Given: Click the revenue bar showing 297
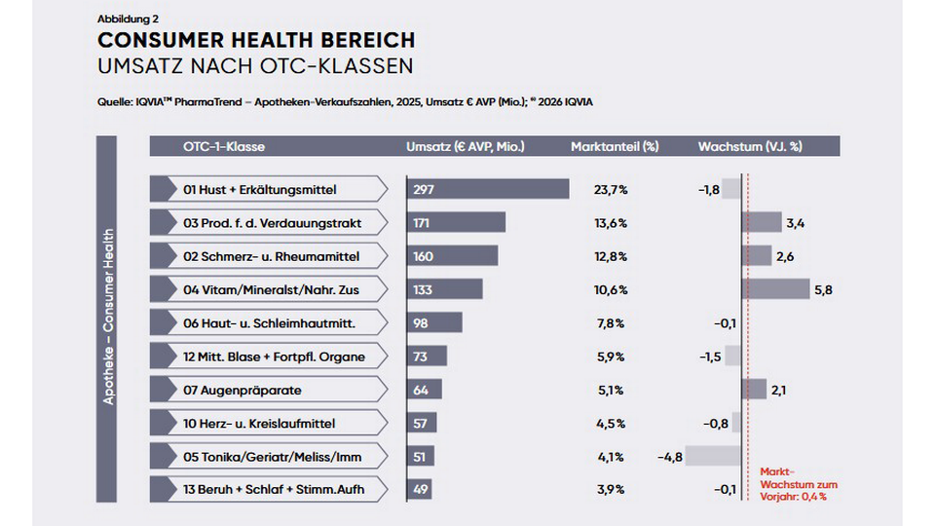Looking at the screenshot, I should (487, 189).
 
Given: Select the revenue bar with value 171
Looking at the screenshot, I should (456, 223).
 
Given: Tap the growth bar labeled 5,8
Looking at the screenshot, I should (775, 289).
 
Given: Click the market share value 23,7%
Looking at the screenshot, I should (611, 190).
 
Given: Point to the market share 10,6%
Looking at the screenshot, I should (611, 290).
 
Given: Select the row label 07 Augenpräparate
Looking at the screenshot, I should (243, 390).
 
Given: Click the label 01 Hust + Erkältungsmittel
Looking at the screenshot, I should (260, 190).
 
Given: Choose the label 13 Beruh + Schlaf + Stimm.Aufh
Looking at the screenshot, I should (274, 489).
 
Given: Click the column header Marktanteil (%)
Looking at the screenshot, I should (614, 147).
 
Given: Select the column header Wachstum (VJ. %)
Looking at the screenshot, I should (749, 147).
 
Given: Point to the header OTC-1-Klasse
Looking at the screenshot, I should (223, 147).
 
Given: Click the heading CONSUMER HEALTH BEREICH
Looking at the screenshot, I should (256, 41).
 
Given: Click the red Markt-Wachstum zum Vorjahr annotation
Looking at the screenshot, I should (797, 484).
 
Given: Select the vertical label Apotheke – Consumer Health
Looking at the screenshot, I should (108, 317).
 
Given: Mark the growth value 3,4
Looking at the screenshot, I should (795, 223).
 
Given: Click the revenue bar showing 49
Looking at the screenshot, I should (419, 489).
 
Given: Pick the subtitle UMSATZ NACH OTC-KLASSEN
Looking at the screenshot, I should (255, 66).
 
